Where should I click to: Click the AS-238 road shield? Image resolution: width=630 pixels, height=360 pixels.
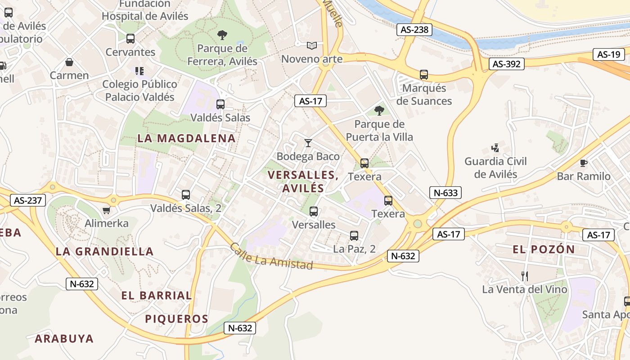pyautogui.click(x=414, y=30)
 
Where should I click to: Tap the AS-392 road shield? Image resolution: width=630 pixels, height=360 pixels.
pyautogui.click(x=506, y=64)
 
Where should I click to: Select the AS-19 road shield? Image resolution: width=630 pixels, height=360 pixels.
pyautogui.click(x=608, y=54)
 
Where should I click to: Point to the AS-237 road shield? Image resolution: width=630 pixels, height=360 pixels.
pyautogui.click(x=28, y=200)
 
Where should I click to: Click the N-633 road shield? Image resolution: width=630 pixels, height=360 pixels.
pyautogui.click(x=445, y=193)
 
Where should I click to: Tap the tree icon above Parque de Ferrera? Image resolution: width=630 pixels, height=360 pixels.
pyautogui.click(x=222, y=35)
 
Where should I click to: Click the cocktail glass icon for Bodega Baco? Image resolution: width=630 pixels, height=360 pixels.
pyautogui.click(x=308, y=143)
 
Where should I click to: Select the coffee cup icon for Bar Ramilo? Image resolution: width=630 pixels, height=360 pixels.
pyautogui.click(x=584, y=163)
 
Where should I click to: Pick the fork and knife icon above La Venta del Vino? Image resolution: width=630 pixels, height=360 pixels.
pyautogui.click(x=524, y=276)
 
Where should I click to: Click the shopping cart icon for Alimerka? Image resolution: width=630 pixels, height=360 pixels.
pyautogui.click(x=107, y=210)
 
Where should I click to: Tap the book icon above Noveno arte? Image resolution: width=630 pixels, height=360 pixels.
pyautogui.click(x=312, y=45)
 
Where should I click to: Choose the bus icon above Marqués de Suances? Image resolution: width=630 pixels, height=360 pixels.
pyautogui.click(x=423, y=75)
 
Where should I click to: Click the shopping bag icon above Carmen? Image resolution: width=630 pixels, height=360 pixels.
pyautogui.click(x=69, y=62)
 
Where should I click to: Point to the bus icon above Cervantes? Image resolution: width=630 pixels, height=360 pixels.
pyautogui.click(x=130, y=39)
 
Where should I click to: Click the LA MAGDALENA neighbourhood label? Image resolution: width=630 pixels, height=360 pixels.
pyautogui.click(x=186, y=138)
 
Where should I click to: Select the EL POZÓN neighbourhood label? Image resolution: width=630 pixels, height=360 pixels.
pyautogui.click(x=544, y=249)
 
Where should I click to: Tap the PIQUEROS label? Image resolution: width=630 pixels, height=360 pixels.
pyautogui.click(x=176, y=319)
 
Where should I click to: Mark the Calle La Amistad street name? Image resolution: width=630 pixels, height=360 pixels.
pyautogui.click(x=271, y=256)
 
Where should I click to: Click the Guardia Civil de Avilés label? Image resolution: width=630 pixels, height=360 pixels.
pyautogui.click(x=495, y=167)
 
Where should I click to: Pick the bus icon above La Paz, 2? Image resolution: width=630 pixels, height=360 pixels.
pyautogui.click(x=354, y=235)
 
